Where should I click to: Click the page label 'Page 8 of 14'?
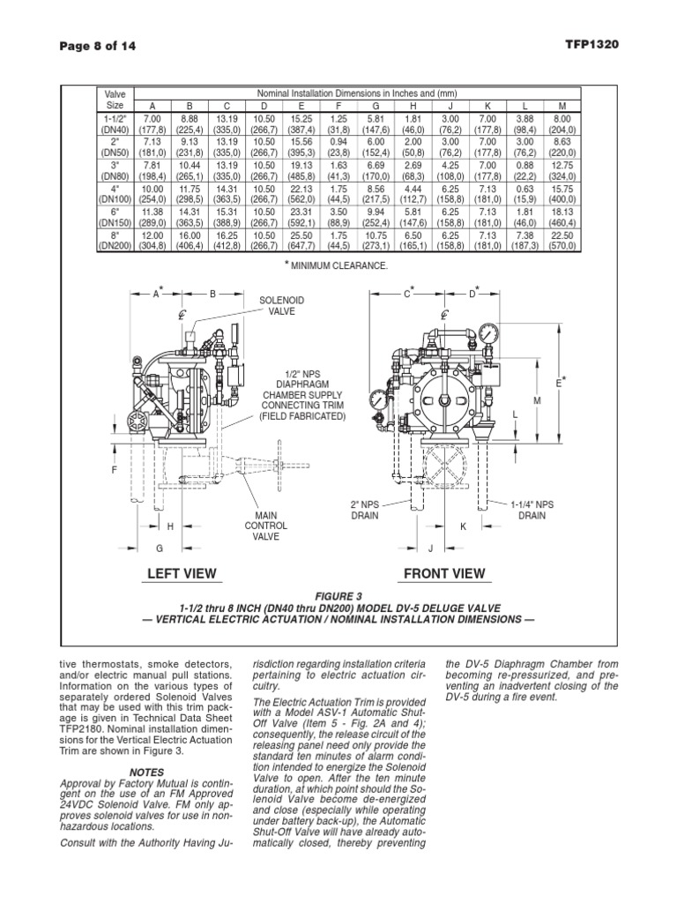tap(97, 45)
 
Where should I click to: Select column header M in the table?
tap(561, 106)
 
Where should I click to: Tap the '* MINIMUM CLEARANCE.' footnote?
tap(335, 265)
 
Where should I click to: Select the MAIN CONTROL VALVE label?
tap(266, 526)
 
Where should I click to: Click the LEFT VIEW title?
tap(182, 573)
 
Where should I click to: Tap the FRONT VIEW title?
tap(443, 573)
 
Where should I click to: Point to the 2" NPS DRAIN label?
tap(365, 510)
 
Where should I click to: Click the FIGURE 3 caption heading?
tap(338, 595)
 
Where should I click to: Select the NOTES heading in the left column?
tap(146, 772)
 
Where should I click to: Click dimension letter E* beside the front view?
tap(560, 381)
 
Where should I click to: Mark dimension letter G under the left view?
tap(160, 549)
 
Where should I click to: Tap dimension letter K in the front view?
tap(463, 526)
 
